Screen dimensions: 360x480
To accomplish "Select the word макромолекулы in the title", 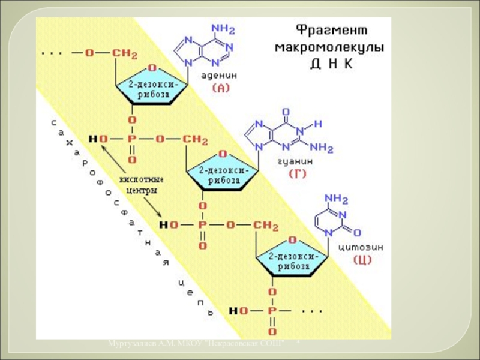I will [329, 46].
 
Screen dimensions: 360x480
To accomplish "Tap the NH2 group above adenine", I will [223, 29].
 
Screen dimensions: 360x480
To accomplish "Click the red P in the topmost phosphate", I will [132, 139].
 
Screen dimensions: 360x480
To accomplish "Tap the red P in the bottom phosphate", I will [272, 311].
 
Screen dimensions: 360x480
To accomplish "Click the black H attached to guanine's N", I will [319, 124].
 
